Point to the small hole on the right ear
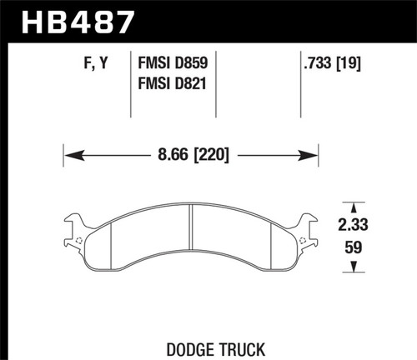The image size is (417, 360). [x=305, y=242]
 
